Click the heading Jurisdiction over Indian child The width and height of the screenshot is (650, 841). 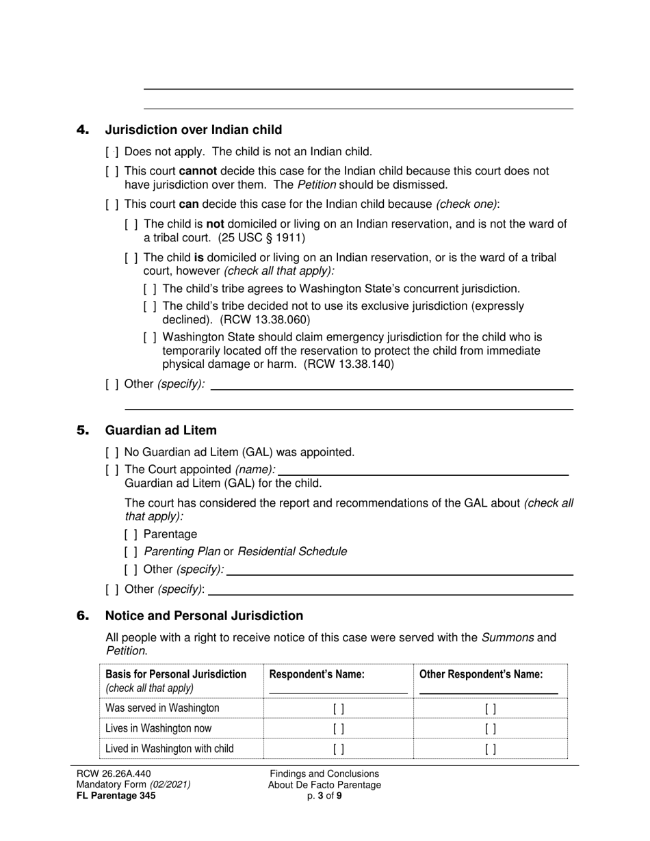click(193, 130)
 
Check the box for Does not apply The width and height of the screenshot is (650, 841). click(112, 152)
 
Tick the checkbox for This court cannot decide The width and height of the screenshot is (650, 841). click(112, 171)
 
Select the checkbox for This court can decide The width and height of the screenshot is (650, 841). click(112, 204)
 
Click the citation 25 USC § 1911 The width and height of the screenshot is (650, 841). click(261, 238)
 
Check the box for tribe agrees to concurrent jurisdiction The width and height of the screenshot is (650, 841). click(150, 289)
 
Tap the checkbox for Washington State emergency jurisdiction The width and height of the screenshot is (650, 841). click(150, 337)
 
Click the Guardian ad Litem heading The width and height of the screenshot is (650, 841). click(160, 430)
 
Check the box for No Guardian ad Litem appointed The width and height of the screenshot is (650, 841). click(112, 452)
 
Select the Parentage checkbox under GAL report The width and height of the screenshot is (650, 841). click(131, 534)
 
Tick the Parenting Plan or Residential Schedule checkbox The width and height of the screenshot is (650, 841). click(131, 551)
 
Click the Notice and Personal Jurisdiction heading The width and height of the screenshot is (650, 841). click(204, 615)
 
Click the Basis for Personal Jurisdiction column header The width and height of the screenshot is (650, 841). click(176, 675)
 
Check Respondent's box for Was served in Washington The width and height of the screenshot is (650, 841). click(338, 709)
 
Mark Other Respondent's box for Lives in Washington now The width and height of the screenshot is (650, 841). click(490, 729)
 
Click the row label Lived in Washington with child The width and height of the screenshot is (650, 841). click(170, 748)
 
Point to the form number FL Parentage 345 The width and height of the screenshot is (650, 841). click(116, 795)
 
